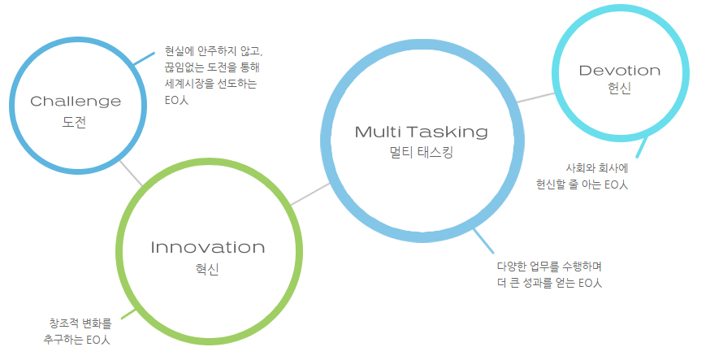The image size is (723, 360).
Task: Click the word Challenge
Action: pyautogui.click(x=76, y=101)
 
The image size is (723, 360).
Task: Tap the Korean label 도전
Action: pyautogui.click(x=74, y=123)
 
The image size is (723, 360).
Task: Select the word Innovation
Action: pyautogui.click(x=208, y=247)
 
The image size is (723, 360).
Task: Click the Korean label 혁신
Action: pyautogui.click(x=207, y=269)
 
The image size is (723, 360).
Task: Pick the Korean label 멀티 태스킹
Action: pyautogui.click(x=422, y=152)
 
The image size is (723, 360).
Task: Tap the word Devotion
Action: pyautogui.click(x=620, y=71)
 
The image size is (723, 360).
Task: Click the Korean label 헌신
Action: pyautogui.click(x=619, y=89)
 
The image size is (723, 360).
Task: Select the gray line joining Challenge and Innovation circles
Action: pyautogui.click(x=131, y=174)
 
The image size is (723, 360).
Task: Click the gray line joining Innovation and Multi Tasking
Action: pyautogui.click(x=310, y=194)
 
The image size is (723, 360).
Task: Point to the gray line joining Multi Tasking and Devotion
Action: pyautogui.click(x=535, y=98)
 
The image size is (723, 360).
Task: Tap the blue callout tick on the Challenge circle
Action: pyautogui.click(x=144, y=59)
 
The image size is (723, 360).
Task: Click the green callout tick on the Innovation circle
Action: pyautogui.click(x=128, y=314)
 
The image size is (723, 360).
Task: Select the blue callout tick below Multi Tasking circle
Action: pyautogui.click(x=483, y=241)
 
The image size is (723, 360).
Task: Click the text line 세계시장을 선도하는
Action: pyautogui.click(x=211, y=84)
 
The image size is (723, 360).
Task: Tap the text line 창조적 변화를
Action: pyautogui.click(x=80, y=322)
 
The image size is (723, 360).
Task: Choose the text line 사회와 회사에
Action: pyautogui.click(x=596, y=168)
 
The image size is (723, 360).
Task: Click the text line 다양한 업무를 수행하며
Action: pyautogui.click(x=550, y=267)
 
